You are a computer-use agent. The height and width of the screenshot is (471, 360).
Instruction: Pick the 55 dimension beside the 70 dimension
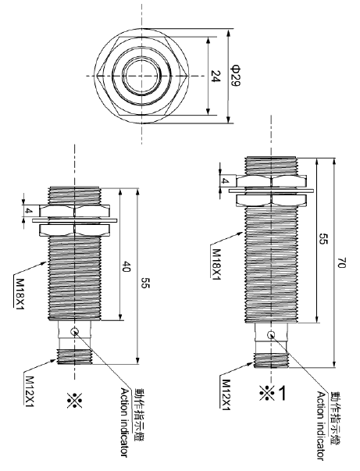pyautogui.click(x=322, y=241)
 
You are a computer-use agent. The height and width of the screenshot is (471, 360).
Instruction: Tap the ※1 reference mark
pyautogui.click(x=271, y=394)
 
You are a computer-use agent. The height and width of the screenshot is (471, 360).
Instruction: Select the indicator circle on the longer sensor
pyautogui.click(x=269, y=336)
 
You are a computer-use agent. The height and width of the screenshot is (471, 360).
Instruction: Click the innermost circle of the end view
pyautogui.click(x=141, y=76)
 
